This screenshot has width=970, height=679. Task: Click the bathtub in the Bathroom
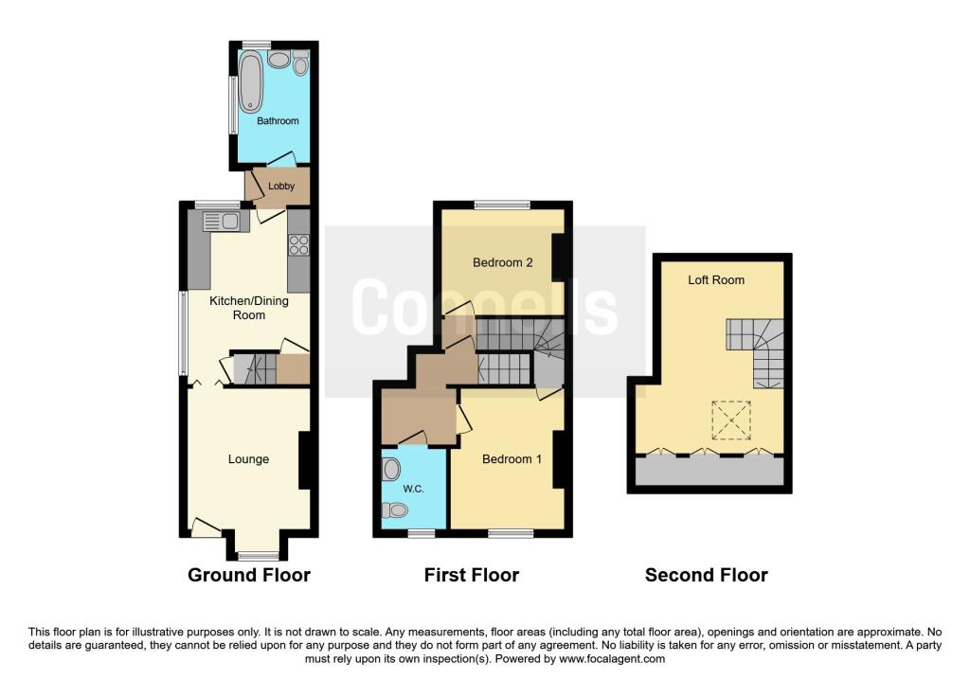251,82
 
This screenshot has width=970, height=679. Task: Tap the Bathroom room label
278,121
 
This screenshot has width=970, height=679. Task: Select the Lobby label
281,187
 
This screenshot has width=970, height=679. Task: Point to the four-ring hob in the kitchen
298,244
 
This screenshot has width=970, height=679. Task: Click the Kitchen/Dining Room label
249,308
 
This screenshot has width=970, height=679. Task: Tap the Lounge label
248,459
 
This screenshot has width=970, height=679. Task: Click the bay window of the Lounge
257,556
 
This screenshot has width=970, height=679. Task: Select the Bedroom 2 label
502,262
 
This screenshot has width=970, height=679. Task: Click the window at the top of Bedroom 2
502,205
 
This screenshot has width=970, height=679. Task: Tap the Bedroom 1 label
512,459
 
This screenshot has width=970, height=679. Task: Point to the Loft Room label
716,280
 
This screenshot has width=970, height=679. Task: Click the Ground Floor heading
248,575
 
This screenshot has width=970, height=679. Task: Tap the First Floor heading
472,575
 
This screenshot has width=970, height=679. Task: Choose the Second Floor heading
706,575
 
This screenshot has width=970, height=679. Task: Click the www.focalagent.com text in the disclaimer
613,659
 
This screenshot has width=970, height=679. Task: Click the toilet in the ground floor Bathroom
301,64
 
